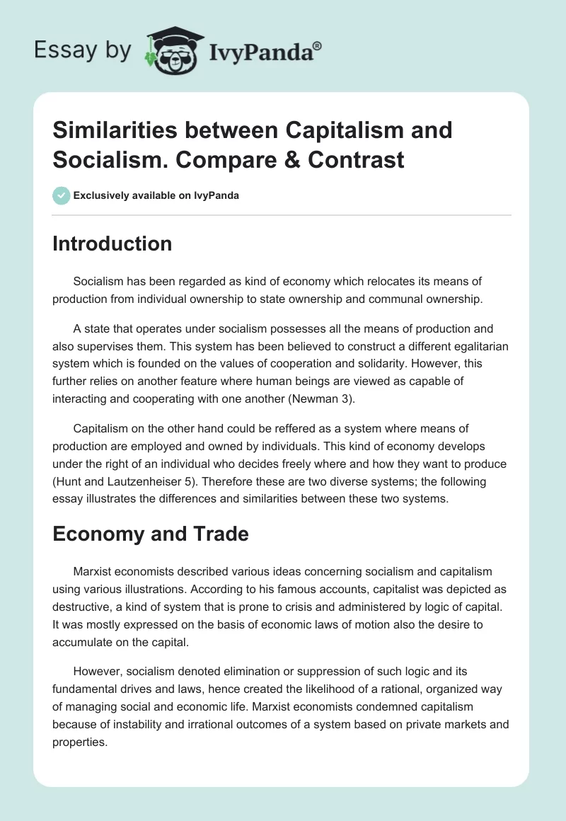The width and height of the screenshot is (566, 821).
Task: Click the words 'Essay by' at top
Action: pyautogui.click(x=82, y=51)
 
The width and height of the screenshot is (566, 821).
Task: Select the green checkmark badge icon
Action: pyautogui.click(x=62, y=195)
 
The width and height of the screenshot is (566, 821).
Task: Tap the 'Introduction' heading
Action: pyautogui.click(x=112, y=244)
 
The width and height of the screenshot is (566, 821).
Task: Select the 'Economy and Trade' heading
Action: pyautogui.click(x=151, y=534)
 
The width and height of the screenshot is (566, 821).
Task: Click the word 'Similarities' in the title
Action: pyautogui.click(x=115, y=131)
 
